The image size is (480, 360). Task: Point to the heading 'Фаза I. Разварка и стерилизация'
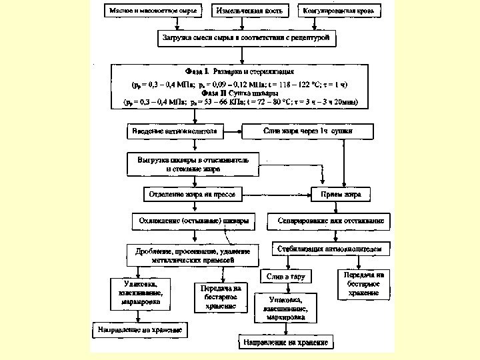[x=239, y=70]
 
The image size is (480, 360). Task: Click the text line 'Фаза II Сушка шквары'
[x=239, y=93]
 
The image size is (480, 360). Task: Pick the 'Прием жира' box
[x=342, y=194]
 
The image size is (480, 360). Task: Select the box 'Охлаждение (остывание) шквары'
[x=193, y=220]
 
